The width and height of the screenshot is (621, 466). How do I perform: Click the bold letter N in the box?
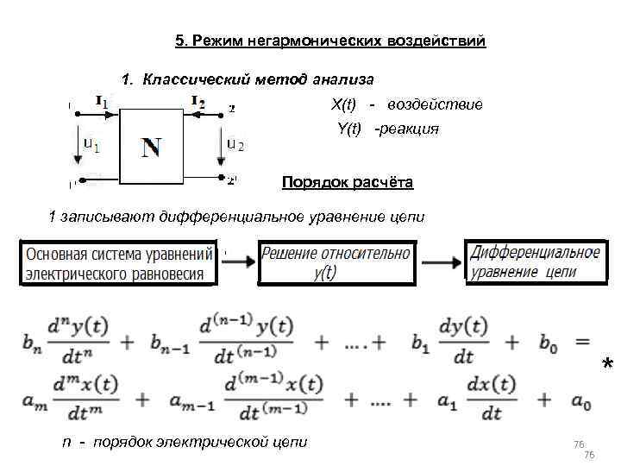pyautogui.click(x=151, y=148)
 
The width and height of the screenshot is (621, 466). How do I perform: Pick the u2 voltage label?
pyautogui.click(x=235, y=144)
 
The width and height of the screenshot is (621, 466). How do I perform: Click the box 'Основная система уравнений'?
pyautogui.click(x=118, y=264)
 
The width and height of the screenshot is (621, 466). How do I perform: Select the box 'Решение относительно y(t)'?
pyautogui.click(x=336, y=262)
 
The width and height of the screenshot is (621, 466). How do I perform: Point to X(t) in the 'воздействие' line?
pyautogui.click(x=343, y=104)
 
